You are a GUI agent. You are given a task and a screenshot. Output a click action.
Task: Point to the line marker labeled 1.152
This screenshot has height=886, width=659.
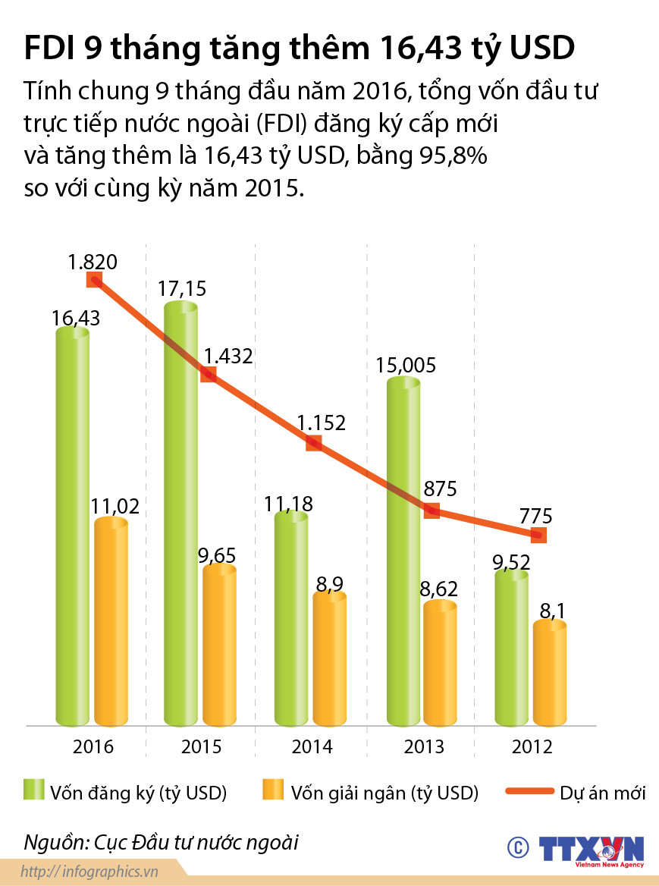(314, 443)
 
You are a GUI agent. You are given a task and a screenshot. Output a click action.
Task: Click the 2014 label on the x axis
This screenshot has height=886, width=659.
(312, 746)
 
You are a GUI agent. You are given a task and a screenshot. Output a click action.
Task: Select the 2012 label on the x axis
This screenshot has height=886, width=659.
(532, 746)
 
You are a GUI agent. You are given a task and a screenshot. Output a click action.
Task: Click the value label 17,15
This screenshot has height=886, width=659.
(183, 289)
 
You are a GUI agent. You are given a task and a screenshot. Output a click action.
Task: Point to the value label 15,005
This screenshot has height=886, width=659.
(406, 365)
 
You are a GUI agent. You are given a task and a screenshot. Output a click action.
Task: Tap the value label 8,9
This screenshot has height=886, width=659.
(329, 583)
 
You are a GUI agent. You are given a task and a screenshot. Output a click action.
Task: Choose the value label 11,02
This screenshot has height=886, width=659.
(115, 506)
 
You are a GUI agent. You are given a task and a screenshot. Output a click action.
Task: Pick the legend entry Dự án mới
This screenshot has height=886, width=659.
(576, 793)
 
